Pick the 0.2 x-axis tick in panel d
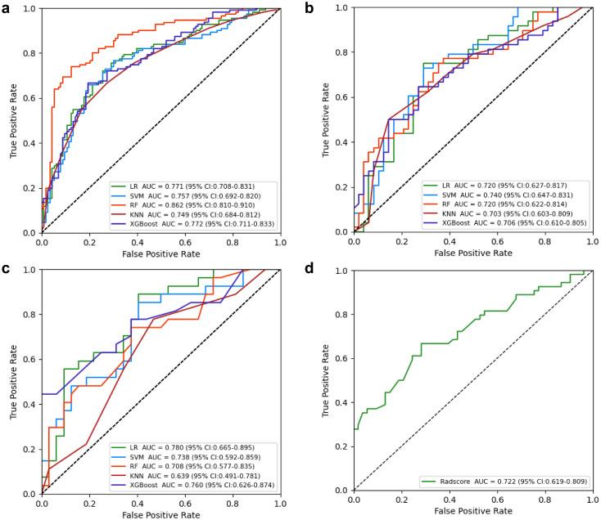[401, 498]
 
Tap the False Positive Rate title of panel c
[160, 514]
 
